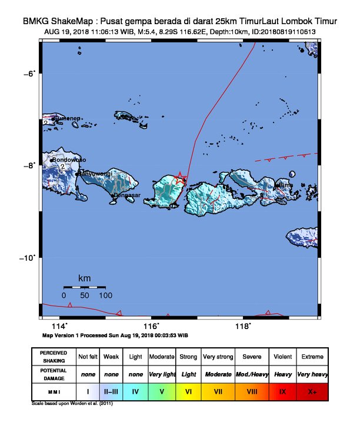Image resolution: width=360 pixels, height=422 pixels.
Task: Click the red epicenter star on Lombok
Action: pos(181,178)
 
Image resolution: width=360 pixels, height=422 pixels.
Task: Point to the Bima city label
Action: pos(286,185)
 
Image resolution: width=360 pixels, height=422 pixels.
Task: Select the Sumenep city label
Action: pos(68,118)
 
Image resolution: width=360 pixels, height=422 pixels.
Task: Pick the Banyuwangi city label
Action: pos(95,173)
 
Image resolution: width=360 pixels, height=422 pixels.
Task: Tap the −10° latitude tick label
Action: pos(28,257)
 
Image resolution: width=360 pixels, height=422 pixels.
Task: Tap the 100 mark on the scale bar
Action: pos(105,295)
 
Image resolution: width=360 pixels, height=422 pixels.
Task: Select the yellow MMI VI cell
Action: pos(189,391)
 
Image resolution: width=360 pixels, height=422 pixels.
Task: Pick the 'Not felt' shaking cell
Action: pos(88,357)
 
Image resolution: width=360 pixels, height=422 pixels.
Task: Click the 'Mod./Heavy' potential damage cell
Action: pos(251,374)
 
